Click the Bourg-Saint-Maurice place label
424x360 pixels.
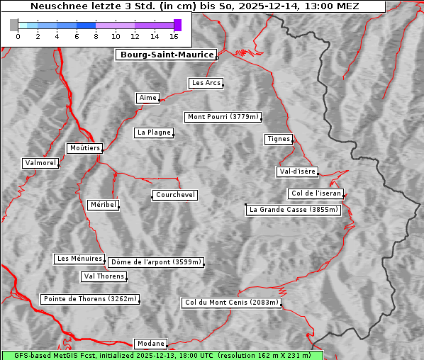[167, 55]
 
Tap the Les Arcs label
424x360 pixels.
[206, 83]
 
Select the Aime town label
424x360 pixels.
[148, 98]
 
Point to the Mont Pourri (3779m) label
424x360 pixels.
[223, 117]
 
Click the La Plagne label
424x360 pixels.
[154, 133]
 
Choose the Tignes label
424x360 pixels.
[279, 139]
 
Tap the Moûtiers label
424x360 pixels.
[84, 148]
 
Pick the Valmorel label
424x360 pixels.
[40, 163]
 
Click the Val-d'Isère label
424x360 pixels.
[297, 171]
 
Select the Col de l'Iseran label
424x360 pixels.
[316, 193]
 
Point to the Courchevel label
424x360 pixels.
[174, 195]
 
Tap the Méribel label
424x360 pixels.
[103, 205]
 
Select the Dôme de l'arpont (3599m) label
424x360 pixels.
[156, 262]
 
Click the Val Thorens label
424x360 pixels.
[104, 276]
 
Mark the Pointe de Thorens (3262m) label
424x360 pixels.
[89, 299]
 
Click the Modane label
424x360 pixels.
[150, 344]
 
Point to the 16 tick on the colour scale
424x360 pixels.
[174, 35]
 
